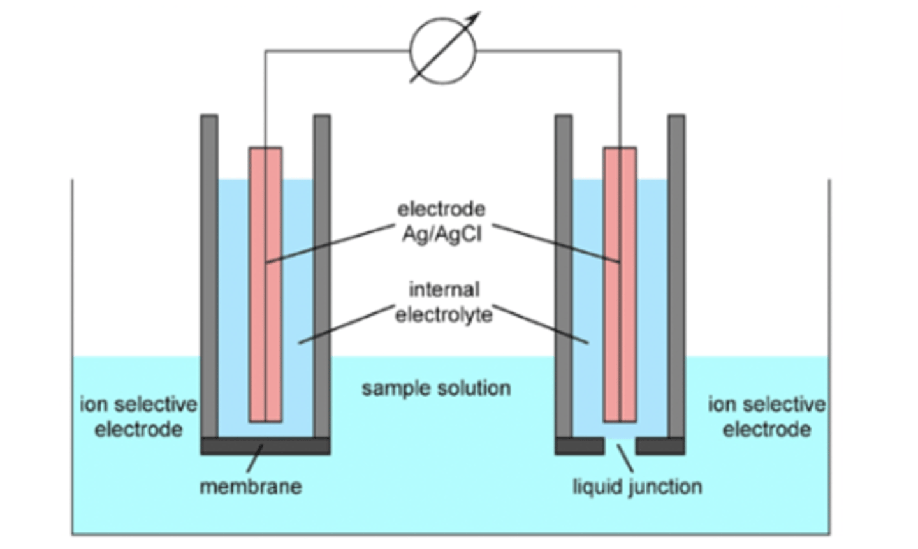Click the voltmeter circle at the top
442,50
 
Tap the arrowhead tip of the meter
477,13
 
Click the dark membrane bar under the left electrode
266,446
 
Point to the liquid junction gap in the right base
620,444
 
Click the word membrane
251,487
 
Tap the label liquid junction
637,487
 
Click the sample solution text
436,388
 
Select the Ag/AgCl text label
442,234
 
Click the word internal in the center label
444,289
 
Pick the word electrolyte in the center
444,314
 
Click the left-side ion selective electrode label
138,416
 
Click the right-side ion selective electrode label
766,416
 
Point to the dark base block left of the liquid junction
579,446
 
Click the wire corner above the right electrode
620,51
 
